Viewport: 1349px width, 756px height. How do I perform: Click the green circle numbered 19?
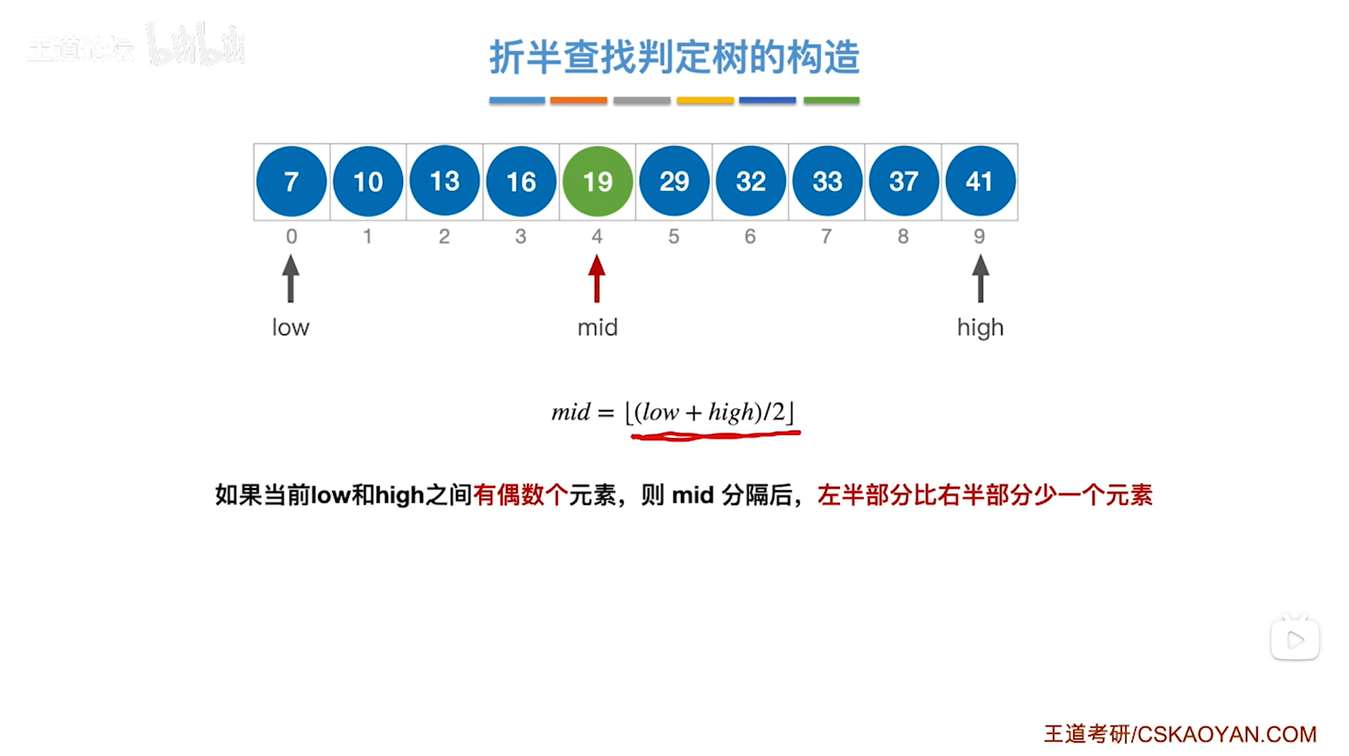(x=597, y=182)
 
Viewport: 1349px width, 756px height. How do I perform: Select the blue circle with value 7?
(x=291, y=182)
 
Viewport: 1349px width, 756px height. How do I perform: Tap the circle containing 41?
(x=980, y=182)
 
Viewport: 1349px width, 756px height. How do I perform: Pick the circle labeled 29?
(x=674, y=182)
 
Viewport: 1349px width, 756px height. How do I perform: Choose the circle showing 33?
(x=827, y=182)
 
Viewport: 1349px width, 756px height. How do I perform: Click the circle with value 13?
(x=445, y=182)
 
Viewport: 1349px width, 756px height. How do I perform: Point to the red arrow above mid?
(x=597, y=279)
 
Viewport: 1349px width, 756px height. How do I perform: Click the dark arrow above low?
(x=291, y=279)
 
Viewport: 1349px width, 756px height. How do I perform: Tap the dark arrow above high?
(x=980, y=279)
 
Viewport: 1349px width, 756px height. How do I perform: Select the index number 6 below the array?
(x=750, y=236)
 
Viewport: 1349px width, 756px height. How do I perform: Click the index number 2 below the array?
(x=444, y=236)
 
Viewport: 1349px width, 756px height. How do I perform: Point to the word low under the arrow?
(x=291, y=327)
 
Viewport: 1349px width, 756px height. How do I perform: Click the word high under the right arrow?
(x=980, y=328)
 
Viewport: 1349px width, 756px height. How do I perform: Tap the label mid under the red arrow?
(x=597, y=327)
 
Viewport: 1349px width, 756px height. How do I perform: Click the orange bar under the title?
(x=578, y=100)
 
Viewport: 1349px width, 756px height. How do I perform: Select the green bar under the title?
(x=831, y=100)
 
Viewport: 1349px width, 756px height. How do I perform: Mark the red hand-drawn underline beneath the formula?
(x=715, y=436)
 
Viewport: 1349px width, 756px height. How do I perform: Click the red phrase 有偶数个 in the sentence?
(x=520, y=495)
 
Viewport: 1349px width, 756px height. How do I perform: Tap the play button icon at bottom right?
(x=1295, y=640)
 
